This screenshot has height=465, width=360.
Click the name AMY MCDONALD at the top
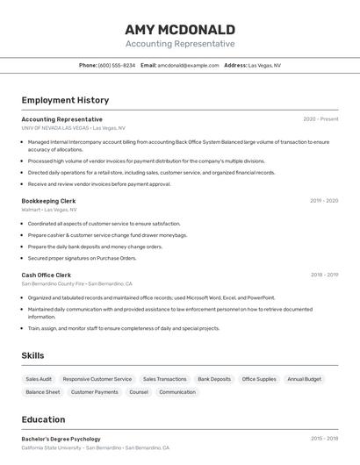(x=180, y=29)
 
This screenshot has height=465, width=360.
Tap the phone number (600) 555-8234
(x=117, y=65)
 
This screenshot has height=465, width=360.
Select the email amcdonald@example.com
(x=188, y=65)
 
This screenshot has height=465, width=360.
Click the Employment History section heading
(x=65, y=100)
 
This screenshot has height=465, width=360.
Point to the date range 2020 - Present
(x=320, y=119)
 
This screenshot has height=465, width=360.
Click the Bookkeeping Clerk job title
(x=48, y=201)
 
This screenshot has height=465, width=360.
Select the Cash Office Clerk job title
(x=47, y=275)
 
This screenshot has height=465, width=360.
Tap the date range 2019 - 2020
(x=324, y=201)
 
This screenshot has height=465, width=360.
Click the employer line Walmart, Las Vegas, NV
(x=49, y=210)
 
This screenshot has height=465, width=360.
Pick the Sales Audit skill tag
(x=39, y=379)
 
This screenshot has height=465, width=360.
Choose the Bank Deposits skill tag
(x=214, y=379)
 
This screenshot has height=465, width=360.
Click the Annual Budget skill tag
(x=305, y=379)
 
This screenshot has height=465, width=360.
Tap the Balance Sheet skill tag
(x=43, y=392)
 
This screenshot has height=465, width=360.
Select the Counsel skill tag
(x=139, y=392)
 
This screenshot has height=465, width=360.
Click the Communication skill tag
(x=177, y=392)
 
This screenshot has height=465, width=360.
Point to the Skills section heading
(x=33, y=355)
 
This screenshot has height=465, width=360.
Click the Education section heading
(x=43, y=419)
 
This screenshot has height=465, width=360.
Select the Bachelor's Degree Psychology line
(x=61, y=439)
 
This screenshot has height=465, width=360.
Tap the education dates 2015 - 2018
(x=324, y=439)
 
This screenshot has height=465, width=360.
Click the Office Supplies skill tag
(x=259, y=379)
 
